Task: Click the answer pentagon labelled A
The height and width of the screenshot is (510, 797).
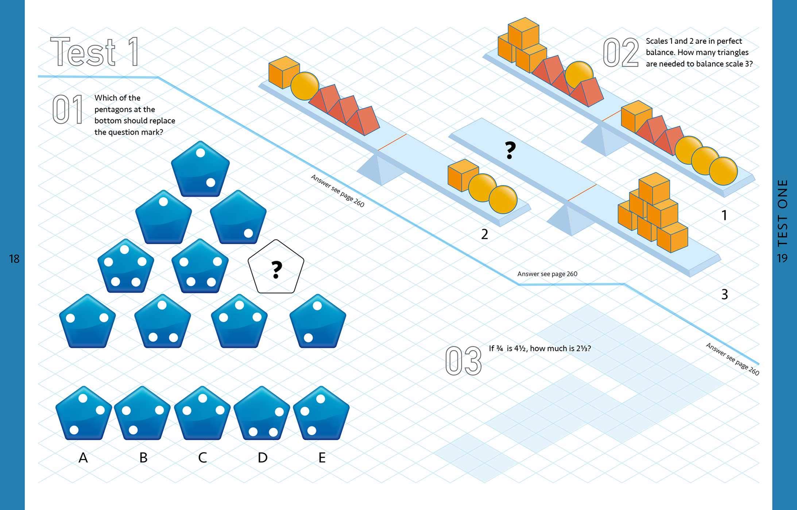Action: click(x=84, y=414)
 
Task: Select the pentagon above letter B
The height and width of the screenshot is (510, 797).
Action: click(x=142, y=414)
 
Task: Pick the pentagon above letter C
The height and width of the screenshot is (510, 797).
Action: click(x=202, y=414)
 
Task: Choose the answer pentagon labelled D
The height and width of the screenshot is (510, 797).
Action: click(x=262, y=414)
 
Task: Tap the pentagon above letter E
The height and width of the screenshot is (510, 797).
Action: click(x=321, y=414)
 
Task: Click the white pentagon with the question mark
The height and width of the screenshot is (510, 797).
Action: click(x=276, y=268)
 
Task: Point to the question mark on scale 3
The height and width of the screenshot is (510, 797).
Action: click(x=510, y=150)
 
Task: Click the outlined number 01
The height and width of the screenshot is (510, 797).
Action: click(x=67, y=109)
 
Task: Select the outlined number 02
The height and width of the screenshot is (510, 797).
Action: click(x=620, y=53)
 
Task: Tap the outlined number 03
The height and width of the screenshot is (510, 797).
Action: click(x=463, y=361)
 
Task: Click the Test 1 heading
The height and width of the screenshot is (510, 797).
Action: click(x=95, y=52)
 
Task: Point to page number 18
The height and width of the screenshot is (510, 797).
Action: click(x=14, y=259)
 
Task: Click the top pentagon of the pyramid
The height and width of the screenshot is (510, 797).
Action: click(x=200, y=169)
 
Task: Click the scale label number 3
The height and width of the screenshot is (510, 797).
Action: click(x=724, y=295)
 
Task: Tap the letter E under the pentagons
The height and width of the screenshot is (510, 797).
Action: click(x=322, y=458)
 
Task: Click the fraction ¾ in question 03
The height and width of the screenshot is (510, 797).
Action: click(x=499, y=349)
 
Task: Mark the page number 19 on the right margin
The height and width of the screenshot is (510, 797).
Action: click(x=782, y=258)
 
